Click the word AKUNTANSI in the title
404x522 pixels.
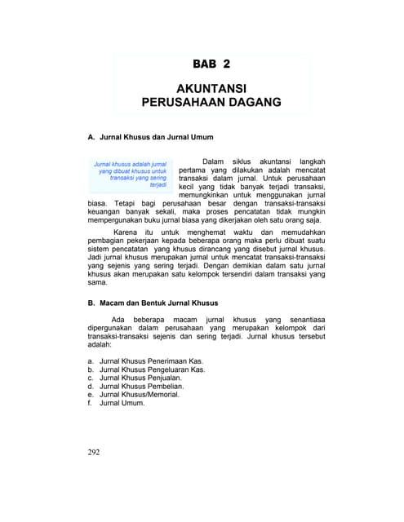click(211, 87)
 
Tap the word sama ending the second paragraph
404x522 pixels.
click(96, 282)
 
